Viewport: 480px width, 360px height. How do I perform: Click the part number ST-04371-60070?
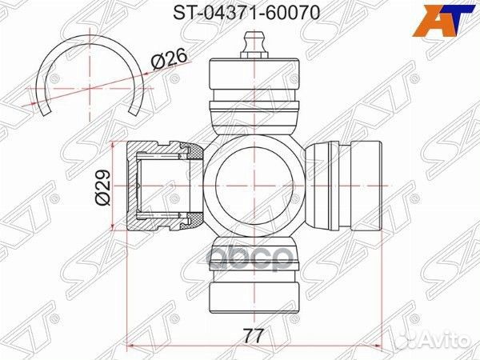point(246,13)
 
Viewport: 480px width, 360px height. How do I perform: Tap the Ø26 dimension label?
point(169,59)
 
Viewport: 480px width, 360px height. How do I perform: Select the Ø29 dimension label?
point(102,186)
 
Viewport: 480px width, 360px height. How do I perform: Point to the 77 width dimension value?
point(254,336)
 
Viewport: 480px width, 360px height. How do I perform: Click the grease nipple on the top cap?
point(254,45)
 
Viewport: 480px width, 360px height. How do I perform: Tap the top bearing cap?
point(254,96)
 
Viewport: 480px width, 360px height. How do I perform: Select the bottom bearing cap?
point(254,274)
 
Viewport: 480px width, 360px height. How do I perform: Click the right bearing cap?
point(344,186)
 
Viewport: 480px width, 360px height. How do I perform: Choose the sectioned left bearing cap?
point(165,186)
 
